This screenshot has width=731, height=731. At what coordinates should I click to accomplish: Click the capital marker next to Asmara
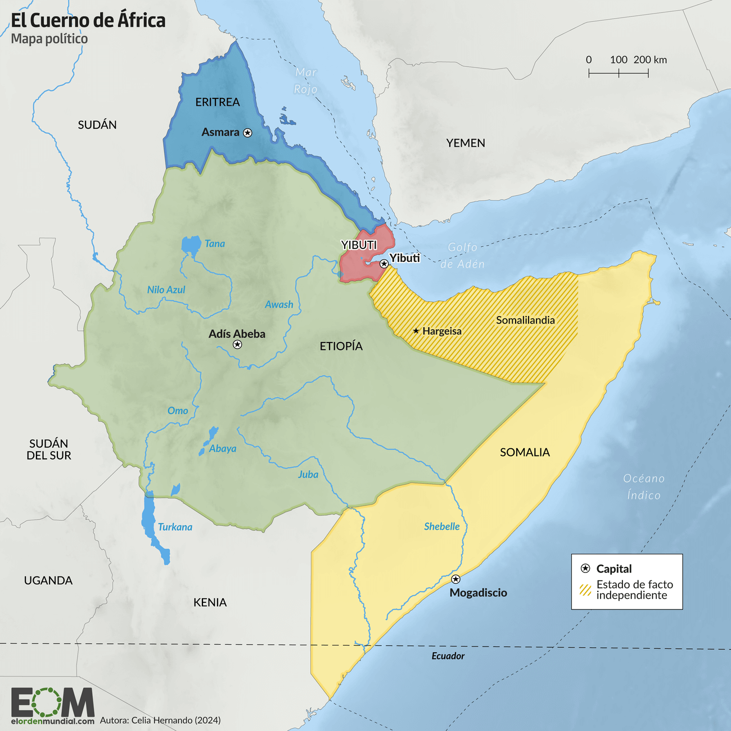(247, 133)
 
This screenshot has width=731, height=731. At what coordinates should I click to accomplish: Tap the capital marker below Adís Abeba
(237, 344)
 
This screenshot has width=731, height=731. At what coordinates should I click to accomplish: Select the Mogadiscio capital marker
(455, 579)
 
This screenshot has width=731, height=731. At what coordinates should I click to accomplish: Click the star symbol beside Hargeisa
(416, 331)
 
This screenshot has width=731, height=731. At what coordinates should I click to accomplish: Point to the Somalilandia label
(525, 320)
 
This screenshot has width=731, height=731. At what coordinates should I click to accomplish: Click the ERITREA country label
(218, 102)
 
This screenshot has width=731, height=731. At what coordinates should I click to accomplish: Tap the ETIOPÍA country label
(341, 346)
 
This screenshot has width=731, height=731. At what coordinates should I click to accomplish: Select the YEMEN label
(466, 143)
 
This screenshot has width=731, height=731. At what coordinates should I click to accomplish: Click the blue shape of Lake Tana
(191, 245)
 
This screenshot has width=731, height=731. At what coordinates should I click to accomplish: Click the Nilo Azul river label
(166, 290)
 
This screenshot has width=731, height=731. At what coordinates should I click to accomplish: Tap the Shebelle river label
(441, 526)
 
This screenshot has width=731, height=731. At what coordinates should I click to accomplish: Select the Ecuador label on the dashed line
(448, 656)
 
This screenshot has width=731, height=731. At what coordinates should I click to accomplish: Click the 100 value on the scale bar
(619, 60)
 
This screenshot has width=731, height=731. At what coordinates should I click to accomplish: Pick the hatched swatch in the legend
(585, 589)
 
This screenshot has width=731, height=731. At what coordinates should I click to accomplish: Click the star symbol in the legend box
(585, 568)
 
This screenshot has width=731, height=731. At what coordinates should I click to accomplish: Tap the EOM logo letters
(52, 702)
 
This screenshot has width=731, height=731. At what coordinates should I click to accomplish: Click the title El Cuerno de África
(88, 20)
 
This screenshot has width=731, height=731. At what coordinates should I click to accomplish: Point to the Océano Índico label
(644, 486)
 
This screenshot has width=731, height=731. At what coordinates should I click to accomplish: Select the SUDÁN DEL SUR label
(49, 449)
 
